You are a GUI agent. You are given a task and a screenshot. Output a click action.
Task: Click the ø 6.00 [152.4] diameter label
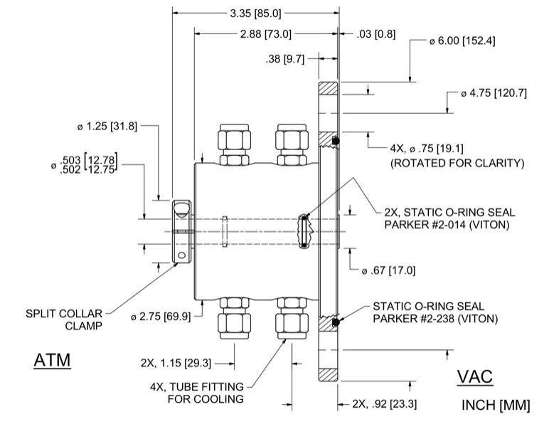pyautogui.click(x=462, y=41)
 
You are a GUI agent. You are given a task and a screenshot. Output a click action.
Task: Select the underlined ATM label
pyautogui.click(x=53, y=361)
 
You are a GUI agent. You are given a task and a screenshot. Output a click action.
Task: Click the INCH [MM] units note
pyautogui.click(x=496, y=406)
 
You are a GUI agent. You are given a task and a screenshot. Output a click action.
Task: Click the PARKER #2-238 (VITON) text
pyautogui.click(x=435, y=319)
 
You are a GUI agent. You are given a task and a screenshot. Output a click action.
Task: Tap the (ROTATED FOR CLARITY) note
pyautogui.click(x=457, y=163)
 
